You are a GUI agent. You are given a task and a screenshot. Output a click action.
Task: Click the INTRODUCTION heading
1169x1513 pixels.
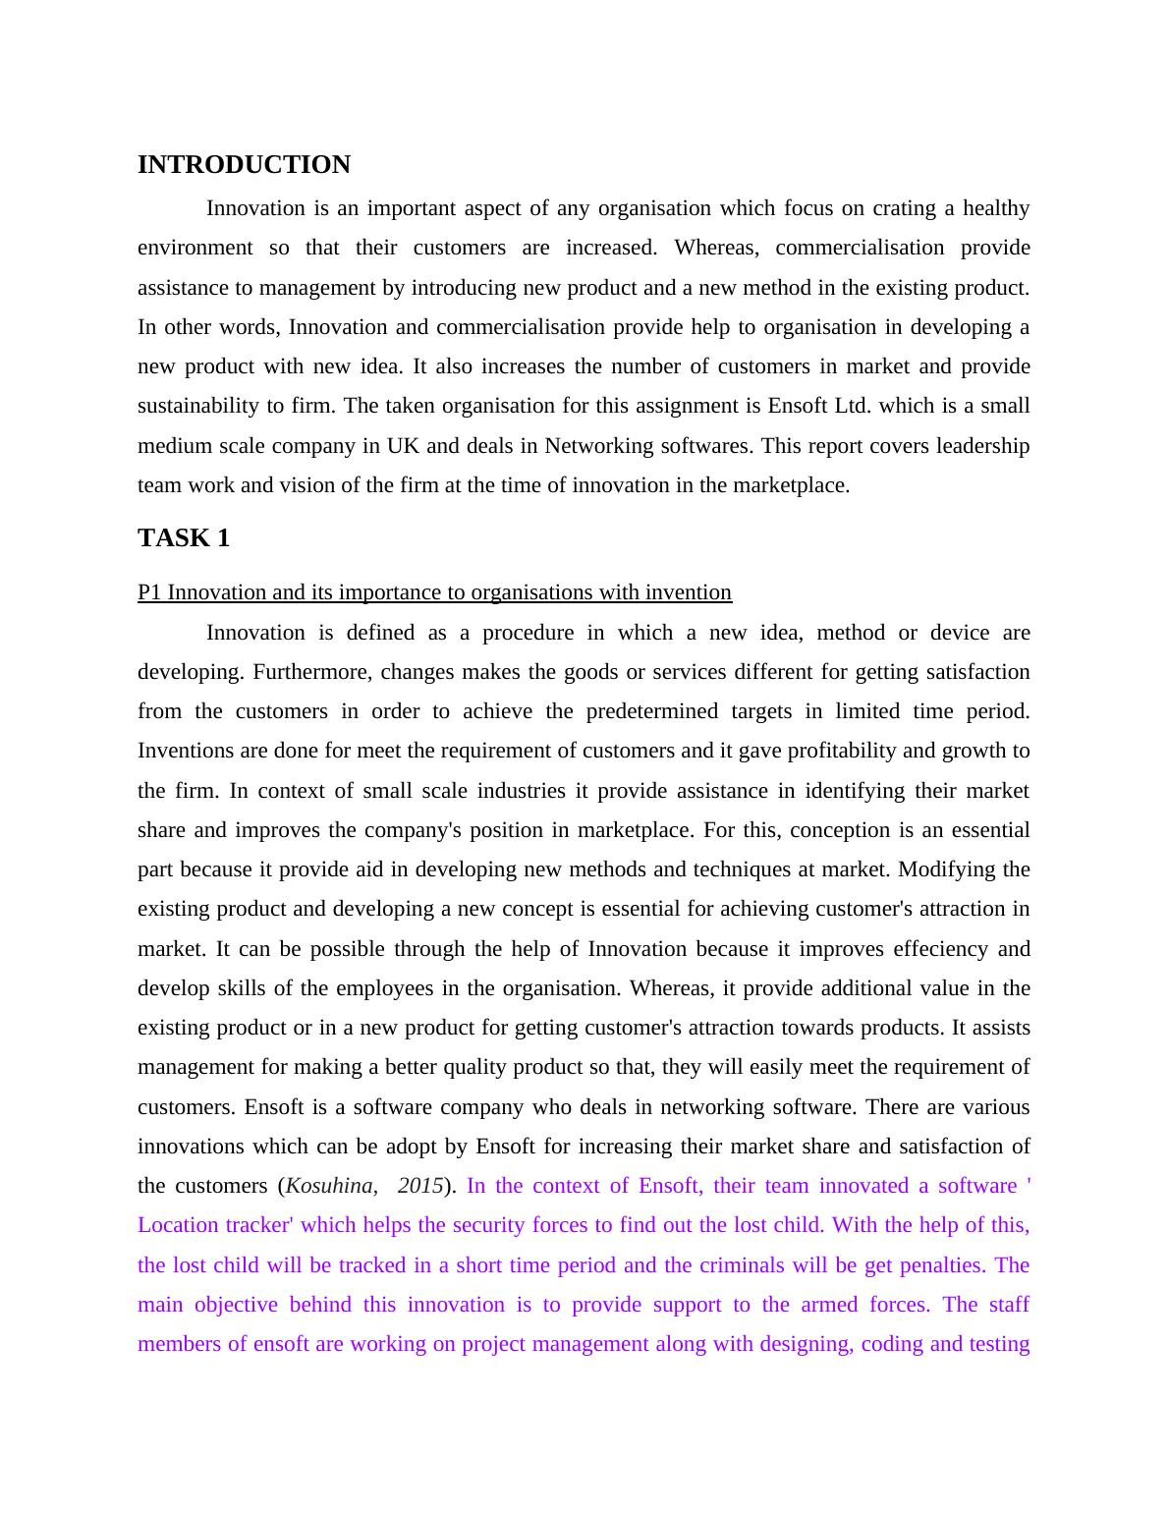[x=244, y=165]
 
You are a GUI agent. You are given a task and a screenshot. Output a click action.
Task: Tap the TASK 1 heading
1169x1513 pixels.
[x=184, y=538]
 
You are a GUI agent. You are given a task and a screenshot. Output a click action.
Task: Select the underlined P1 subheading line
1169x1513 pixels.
[x=434, y=592]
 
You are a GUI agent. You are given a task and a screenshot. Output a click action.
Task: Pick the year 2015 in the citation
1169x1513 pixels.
[x=420, y=1186]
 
